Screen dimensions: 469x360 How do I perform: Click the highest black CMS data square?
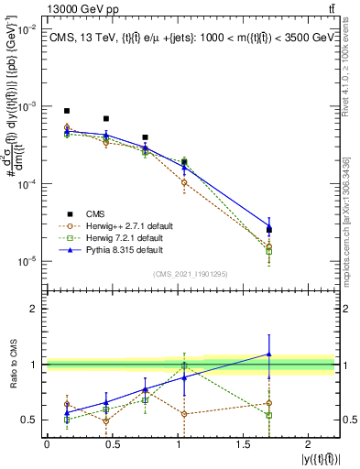click(x=67, y=111)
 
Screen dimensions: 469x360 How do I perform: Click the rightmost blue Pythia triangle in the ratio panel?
click(x=269, y=353)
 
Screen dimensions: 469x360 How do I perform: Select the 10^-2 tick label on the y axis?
click(x=28, y=29)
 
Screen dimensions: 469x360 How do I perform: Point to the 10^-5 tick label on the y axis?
click(x=28, y=261)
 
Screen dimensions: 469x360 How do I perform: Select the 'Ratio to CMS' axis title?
click(x=12, y=366)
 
